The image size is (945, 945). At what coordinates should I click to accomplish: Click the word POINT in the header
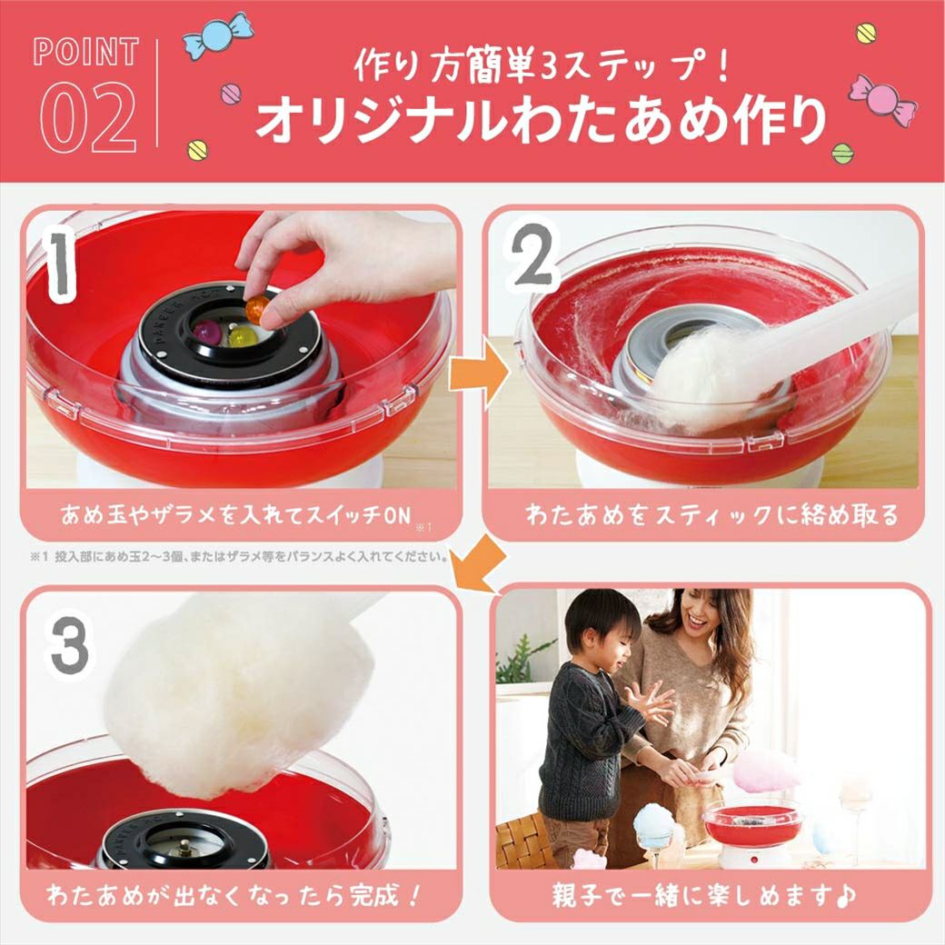coord(85,52)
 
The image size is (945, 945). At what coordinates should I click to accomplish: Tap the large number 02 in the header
coord(88,118)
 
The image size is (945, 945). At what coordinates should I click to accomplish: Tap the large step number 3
coord(69,647)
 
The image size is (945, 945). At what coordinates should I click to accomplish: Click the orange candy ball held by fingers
coord(257,310)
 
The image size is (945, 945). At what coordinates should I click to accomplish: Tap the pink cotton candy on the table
coord(758,771)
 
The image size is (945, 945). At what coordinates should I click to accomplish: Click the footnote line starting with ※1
coord(239,557)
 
